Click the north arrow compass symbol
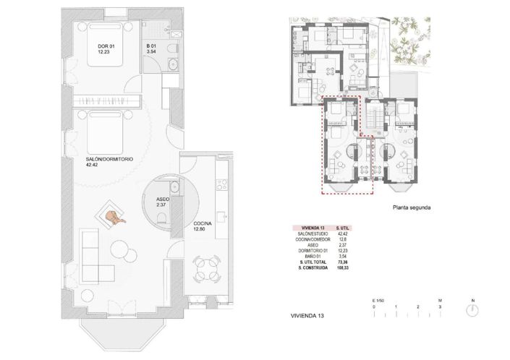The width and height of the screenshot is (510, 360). point(472,309)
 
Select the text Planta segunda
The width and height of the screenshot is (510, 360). point(412,207)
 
